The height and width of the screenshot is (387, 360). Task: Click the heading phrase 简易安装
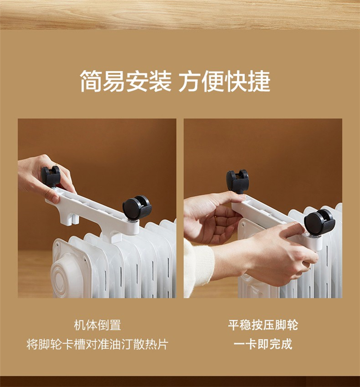126,81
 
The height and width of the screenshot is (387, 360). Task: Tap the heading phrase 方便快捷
224,81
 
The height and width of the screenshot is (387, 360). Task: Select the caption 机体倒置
97,325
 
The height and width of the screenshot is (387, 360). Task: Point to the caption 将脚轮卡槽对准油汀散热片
97,344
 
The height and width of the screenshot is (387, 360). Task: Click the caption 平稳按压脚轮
263,325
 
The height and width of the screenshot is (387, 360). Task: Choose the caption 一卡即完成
263,344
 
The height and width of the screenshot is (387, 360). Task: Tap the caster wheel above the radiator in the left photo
136,207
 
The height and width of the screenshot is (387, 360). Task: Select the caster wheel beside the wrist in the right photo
319,222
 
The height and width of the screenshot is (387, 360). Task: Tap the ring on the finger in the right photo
216,218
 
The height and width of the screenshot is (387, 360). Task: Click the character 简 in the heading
91,81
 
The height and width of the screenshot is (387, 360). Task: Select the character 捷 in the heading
259,81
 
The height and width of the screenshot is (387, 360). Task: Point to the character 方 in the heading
190,81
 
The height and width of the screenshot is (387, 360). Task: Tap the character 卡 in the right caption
252,344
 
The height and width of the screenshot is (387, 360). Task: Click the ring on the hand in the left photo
57,164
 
